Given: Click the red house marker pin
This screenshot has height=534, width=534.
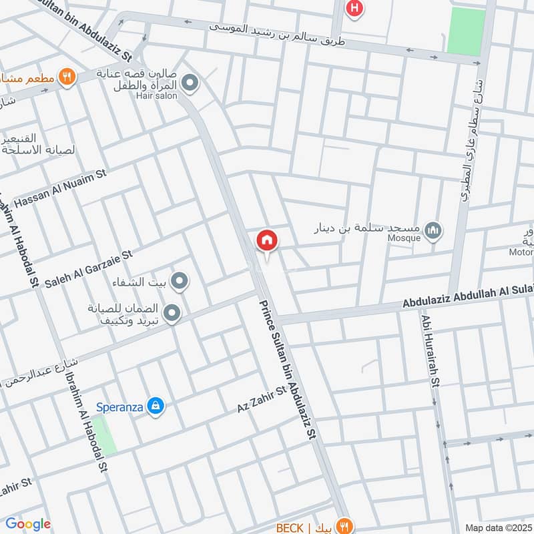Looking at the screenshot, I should pos(266,240).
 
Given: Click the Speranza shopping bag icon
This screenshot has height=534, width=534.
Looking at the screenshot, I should pos(156,405).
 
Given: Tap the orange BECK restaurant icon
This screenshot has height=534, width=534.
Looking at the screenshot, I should pos(344,527).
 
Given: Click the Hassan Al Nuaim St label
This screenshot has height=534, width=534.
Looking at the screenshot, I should pos(60,190).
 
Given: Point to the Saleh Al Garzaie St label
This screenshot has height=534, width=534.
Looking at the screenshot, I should pos(89,270).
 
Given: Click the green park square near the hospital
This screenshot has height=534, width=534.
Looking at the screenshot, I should pos(466,31).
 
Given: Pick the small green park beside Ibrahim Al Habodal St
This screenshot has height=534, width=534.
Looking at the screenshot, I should pos(103,435).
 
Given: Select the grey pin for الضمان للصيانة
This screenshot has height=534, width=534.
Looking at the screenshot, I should pos(172,313).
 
